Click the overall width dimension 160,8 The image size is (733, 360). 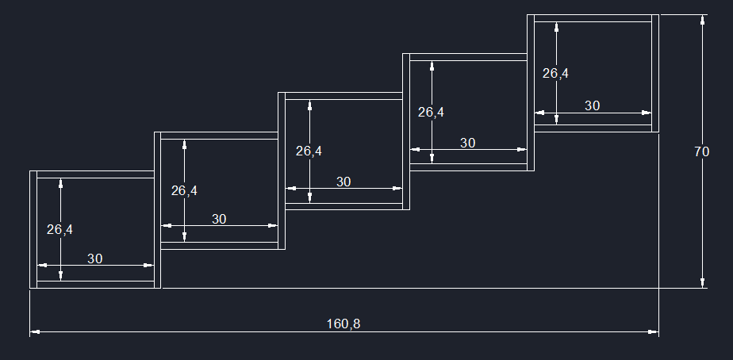coord(343,324)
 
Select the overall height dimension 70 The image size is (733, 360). coord(701,152)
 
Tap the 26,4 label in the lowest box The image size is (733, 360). coord(59,230)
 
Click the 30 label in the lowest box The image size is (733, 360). coord(94,259)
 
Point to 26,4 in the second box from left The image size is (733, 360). coord(184,190)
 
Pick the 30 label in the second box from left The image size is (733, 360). coord(219,219)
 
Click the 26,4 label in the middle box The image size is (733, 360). coord(309,151)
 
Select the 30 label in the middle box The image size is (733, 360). coord(343,182)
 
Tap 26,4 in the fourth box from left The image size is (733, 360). coord(431,113)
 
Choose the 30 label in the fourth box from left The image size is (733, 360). coord(468,143)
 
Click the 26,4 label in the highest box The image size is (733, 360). coord(555,74)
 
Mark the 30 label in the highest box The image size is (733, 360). coord(592,105)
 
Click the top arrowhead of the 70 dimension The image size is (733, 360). coord(702,20)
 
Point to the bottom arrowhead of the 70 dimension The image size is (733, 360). coord(702,283)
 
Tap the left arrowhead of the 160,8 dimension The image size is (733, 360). coord(34,332)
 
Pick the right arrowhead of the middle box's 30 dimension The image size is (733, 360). coord(398,189)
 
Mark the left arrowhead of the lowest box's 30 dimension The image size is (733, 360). coord(41,265)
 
